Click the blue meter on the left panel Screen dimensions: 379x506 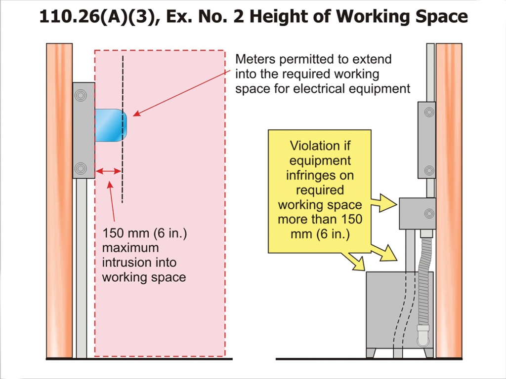coord(110,125)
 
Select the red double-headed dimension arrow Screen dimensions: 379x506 coord(108,171)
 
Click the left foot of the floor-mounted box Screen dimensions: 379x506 coord(371,352)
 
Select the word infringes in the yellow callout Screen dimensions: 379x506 coord(320,175)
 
